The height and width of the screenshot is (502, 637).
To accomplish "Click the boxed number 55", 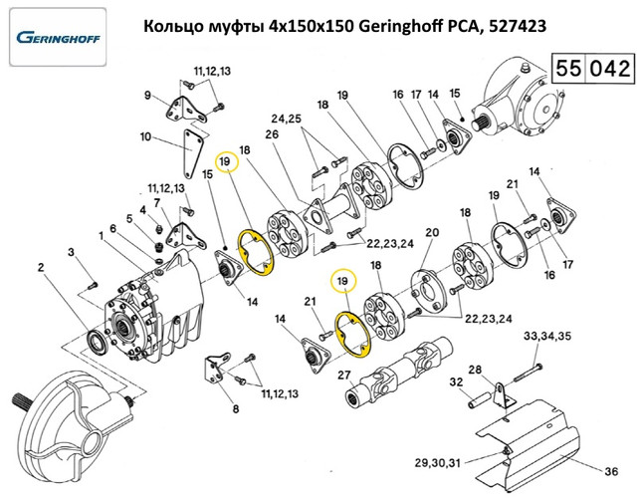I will point(569,70).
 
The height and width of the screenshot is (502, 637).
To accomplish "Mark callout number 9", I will point(147,96).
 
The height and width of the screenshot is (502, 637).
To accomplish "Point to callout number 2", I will point(41,266).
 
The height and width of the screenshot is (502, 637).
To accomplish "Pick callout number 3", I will point(72,255).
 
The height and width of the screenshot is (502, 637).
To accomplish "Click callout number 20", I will point(431,233).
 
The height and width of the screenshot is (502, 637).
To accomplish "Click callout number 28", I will point(475,371).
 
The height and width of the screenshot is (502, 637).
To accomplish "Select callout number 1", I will point(101,235).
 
